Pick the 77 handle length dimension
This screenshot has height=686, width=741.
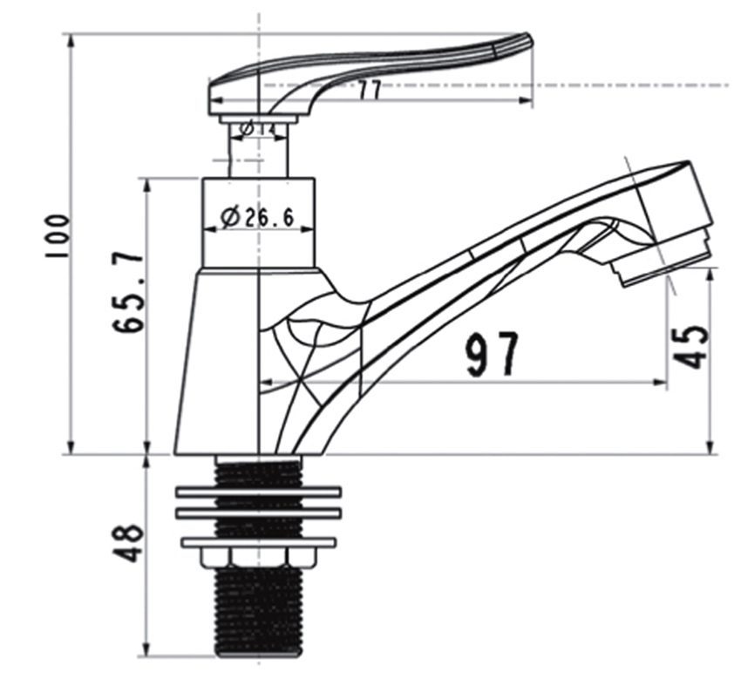(370, 91)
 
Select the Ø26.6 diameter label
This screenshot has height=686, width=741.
(256, 218)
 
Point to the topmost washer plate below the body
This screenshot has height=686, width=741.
(258, 492)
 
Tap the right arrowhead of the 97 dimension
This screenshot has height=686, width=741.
(663, 382)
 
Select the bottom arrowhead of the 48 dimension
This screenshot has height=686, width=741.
(146, 653)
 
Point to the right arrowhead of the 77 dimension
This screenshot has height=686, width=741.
(527, 101)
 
